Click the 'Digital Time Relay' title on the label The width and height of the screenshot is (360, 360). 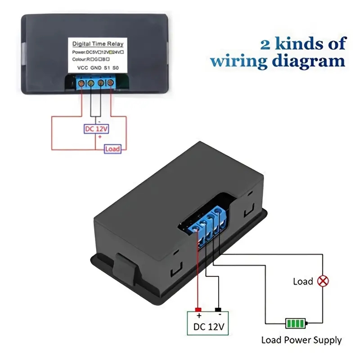coord(98,44)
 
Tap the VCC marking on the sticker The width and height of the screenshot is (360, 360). coord(83,68)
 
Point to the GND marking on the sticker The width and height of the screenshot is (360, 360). coord(96,68)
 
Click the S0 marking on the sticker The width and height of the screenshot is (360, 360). coord(116,68)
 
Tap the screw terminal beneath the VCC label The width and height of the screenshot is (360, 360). coord(82,83)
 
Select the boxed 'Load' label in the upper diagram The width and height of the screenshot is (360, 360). coord(112,148)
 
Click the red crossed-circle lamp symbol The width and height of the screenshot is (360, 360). coord(323,281)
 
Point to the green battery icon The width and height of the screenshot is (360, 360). coord(296,323)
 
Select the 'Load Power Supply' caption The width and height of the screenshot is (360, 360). coord(301,340)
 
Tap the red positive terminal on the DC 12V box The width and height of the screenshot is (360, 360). coord(198,310)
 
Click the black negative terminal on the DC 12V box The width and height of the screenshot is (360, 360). coord(218,310)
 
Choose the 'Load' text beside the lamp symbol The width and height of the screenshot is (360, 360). coord(303,282)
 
